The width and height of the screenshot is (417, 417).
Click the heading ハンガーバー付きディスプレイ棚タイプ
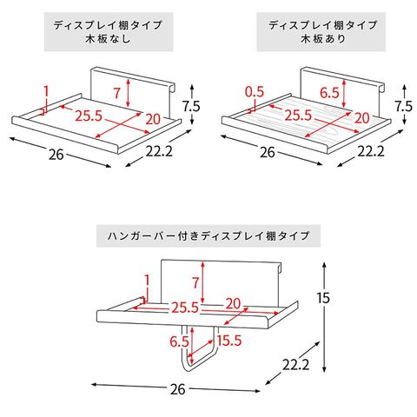coord(208,235)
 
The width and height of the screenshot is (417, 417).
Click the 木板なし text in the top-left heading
coord(108,39)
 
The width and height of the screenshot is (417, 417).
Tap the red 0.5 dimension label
coord(255,92)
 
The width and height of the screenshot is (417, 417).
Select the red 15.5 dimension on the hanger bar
coord(229,341)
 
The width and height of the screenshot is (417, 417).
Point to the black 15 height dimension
coord(323,298)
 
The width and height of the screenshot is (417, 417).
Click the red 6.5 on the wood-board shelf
coord(329,93)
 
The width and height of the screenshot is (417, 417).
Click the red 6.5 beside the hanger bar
coord(179,341)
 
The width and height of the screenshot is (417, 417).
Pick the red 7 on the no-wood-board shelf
coord(116,93)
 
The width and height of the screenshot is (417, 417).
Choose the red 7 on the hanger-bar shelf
coord(195,282)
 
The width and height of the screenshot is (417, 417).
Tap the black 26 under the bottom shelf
coord(177,389)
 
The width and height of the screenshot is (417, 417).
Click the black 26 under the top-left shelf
coord(56,155)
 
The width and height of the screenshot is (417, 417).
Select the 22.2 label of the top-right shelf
coord(371,151)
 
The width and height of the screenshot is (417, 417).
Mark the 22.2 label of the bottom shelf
coord(296,365)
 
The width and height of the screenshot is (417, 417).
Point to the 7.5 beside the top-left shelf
coord(191,106)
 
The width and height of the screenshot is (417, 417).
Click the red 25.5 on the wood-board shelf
coord(298,116)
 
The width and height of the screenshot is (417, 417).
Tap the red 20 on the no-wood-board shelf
coord(153,119)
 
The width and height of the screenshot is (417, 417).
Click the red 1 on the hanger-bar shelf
coord(147,281)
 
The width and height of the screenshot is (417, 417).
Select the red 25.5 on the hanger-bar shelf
coord(185,308)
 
